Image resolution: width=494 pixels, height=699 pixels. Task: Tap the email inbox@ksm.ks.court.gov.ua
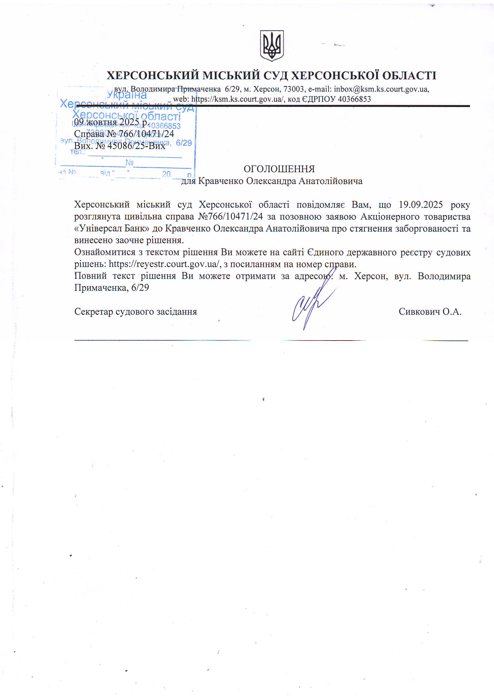(x=381, y=89)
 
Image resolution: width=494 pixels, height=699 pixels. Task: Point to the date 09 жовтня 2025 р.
(x=111, y=122)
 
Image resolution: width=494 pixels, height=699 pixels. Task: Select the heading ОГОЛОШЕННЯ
(x=279, y=169)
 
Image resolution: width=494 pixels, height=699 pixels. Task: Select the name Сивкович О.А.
(x=430, y=312)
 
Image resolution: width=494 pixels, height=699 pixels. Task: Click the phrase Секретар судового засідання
(x=135, y=312)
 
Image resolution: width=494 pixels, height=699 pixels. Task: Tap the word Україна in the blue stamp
(x=127, y=95)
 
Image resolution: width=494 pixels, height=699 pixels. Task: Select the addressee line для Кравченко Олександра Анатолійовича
(x=272, y=181)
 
